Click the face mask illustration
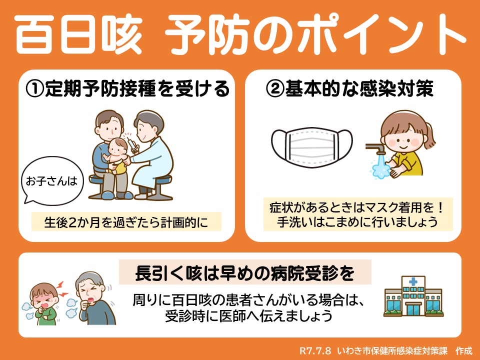(x=311, y=147)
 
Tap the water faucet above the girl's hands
(x=376, y=149)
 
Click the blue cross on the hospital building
(x=413, y=281)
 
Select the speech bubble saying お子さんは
(x=52, y=180)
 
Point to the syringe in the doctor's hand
(x=133, y=144)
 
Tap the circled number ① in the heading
(x=34, y=89)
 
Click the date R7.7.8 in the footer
(x=315, y=350)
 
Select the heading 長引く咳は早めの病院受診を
(x=244, y=273)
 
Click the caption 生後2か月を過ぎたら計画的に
(x=126, y=222)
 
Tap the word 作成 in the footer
(x=464, y=350)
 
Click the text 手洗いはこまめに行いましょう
(x=357, y=222)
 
